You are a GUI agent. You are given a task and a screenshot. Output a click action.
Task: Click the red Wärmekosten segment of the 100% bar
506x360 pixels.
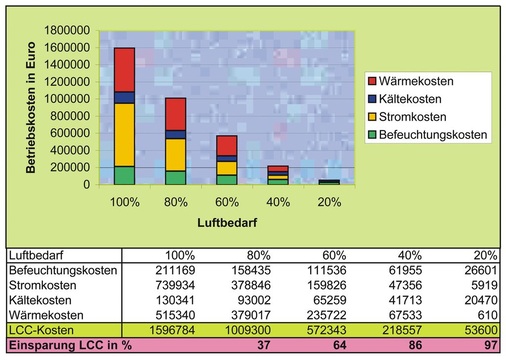tap(124, 69)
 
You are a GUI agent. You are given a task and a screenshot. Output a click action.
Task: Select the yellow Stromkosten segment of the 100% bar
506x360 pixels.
tap(124, 134)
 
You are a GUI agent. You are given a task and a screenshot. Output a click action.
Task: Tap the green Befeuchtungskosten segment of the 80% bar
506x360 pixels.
tap(176, 177)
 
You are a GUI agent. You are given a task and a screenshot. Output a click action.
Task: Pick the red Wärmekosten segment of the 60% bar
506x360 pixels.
tap(228, 145)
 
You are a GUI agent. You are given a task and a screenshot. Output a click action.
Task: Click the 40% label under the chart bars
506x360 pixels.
tap(279, 202)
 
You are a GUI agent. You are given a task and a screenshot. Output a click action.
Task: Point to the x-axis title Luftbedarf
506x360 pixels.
tap(203, 226)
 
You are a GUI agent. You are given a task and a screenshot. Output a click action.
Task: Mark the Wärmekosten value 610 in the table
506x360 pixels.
tap(488, 313)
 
